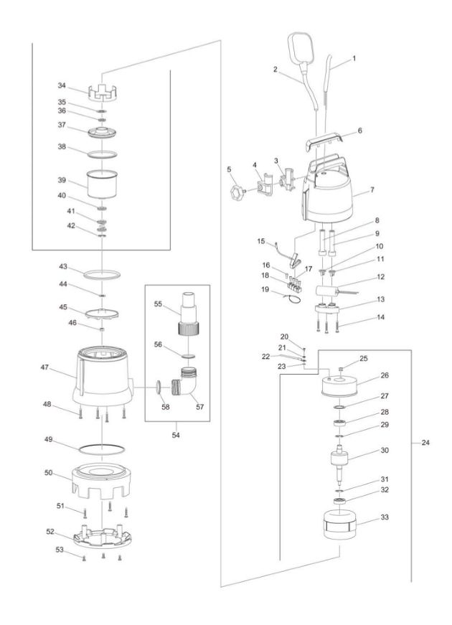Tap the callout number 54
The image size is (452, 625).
(x=176, y=434)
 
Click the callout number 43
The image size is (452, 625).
(x=62, y=267)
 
